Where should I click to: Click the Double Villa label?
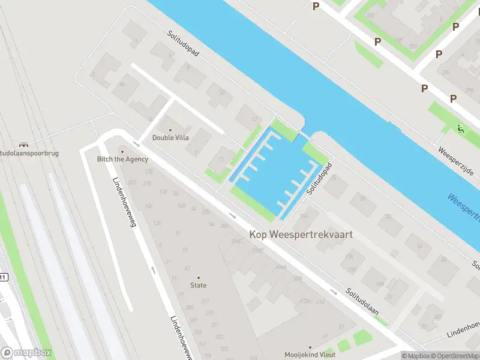pyautogui.click(x=170, y=137)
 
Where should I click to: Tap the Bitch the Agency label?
pyautogui.click(x=123, y=159)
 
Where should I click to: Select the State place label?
pyautogui.click(x=199, y=285)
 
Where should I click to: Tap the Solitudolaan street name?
pyautogui.click(x=362, y=302)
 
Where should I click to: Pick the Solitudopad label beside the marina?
pyautogui.click(x=319, y=178)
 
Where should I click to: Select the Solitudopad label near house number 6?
pyautogui.click(x=183, y=43)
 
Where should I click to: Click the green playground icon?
pyautogui.click(x=460, y=128)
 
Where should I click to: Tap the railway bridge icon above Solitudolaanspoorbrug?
pyautogui.click(x=22, y=145)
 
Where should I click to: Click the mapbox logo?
pyautogui.click(x=26, y=353)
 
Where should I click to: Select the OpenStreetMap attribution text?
pyautogui.click(x=454, y=356)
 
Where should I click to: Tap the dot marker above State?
pyautogui.click(x=199, y=277)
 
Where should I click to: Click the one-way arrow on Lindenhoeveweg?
pyautogui.click(x=152, y=269)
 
